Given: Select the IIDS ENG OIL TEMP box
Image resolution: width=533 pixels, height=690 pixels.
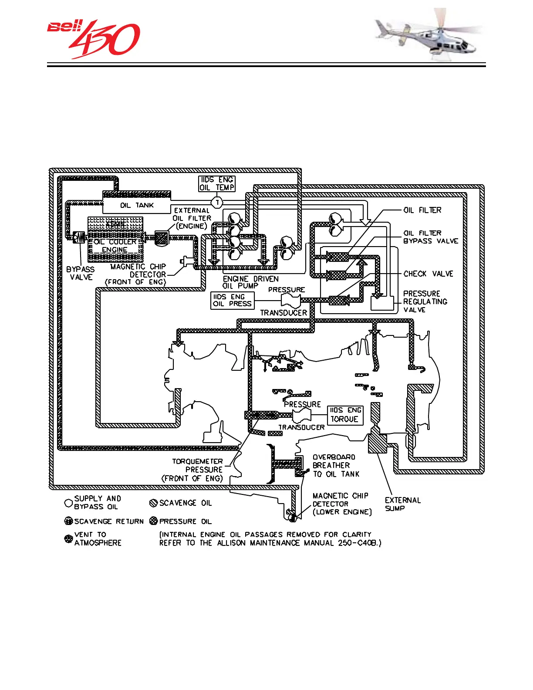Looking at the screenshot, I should (217, 183).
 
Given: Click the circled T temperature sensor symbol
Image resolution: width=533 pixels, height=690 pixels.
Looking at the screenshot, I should (217, 203).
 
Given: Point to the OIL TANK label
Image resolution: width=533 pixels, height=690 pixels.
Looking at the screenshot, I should (137, 205).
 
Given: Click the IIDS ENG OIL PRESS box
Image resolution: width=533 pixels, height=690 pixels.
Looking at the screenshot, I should (232, 300).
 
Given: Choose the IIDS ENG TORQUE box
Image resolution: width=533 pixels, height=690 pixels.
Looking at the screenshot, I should (345, 415).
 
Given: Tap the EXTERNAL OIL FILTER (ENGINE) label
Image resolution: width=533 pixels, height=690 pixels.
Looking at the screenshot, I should (192, 218).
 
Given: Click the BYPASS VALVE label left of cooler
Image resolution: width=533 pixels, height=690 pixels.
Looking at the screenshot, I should (81, 273).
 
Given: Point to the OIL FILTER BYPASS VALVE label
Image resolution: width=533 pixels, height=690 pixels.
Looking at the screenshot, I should (430, 237).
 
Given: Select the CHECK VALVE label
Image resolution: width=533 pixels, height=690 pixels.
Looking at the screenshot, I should (428, 274).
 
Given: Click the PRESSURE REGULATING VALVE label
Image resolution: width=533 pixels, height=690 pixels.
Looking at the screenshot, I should (425, 301).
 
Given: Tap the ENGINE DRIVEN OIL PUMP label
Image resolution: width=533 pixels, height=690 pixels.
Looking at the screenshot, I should (250, 282).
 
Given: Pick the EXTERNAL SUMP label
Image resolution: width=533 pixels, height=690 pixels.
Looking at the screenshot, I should (402, 504).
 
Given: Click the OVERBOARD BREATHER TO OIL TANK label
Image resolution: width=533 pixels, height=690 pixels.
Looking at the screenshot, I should (336, 466).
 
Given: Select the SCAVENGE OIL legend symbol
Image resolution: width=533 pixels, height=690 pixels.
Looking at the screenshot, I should (153, 503).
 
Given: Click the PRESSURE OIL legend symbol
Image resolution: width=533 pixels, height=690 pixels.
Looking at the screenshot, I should (153, 521).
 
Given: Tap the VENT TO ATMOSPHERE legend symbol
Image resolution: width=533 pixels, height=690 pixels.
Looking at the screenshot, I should (68, 539).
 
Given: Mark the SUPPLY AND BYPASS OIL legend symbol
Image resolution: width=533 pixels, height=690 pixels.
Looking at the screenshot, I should (68, 503).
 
